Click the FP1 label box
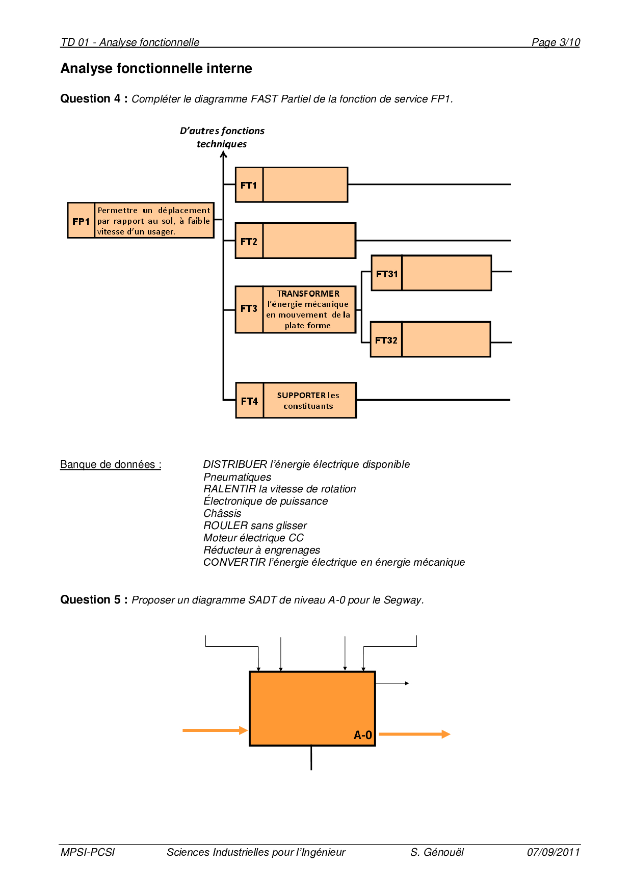(81, 221)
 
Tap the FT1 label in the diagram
(249, 185)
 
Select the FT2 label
(249, 241)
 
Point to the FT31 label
(387, 274)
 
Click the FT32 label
(386, 340)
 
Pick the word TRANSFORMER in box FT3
(308, 294)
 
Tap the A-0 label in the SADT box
(363, 735)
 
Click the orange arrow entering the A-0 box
(215, 730)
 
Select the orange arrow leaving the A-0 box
(414, 734)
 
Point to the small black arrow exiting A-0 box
(393, 683)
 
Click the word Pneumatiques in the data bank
(237, 477)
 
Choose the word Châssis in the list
(222, 513)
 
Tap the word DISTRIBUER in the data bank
(235, 464)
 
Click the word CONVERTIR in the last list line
(234, 562)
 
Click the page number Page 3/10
(556, 42)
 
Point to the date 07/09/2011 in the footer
(554, 852)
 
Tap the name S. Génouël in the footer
(437, 852)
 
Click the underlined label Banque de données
(111, 464)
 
